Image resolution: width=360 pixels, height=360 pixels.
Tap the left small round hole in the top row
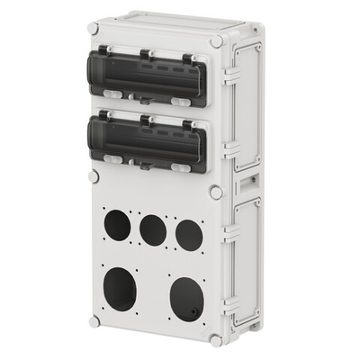[116, 224]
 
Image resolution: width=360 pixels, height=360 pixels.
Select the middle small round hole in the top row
[153, 230]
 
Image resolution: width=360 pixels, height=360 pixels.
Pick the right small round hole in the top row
[189, 236]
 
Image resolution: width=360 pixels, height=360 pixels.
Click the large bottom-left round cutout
[120, 289]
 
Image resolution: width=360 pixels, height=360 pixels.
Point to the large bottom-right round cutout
[186, 298]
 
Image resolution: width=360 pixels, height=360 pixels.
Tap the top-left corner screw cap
[94, 29]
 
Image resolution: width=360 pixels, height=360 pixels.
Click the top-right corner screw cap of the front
[216, 41]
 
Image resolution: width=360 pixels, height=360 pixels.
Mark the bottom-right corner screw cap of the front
[216, 340]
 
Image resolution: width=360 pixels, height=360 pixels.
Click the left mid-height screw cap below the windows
[94, 176]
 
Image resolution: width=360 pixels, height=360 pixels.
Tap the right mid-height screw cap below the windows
[216, 192]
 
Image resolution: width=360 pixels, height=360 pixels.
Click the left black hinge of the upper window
[105, 51]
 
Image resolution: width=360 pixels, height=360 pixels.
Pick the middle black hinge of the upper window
[145, 55]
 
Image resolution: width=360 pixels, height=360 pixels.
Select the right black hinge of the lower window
[188, 125]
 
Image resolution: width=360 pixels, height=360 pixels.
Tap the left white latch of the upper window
[112, 92]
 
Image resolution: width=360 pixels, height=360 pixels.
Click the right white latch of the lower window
[181, 166]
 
